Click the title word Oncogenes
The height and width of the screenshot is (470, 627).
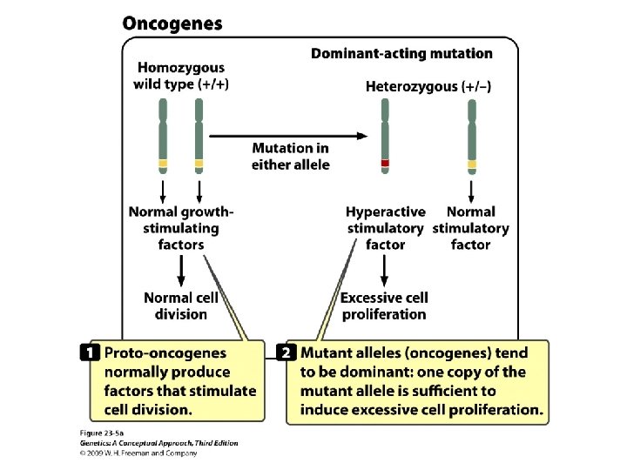point(172,24)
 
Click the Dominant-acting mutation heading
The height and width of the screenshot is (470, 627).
point(401,54)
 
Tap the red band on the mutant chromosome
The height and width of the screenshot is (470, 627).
point(385,163)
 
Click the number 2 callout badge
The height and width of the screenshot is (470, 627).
point(287,353)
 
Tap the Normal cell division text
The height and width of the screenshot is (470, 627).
point(181,305)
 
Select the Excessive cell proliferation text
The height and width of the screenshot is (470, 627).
point(384,305)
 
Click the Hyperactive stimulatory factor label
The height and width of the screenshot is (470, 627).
point(386,228)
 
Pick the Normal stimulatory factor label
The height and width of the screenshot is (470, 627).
point(471,228)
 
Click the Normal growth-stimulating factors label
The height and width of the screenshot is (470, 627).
point(180,228)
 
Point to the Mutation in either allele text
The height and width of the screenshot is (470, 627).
point(291,157)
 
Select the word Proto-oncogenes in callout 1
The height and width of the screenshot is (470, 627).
point(165,353)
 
